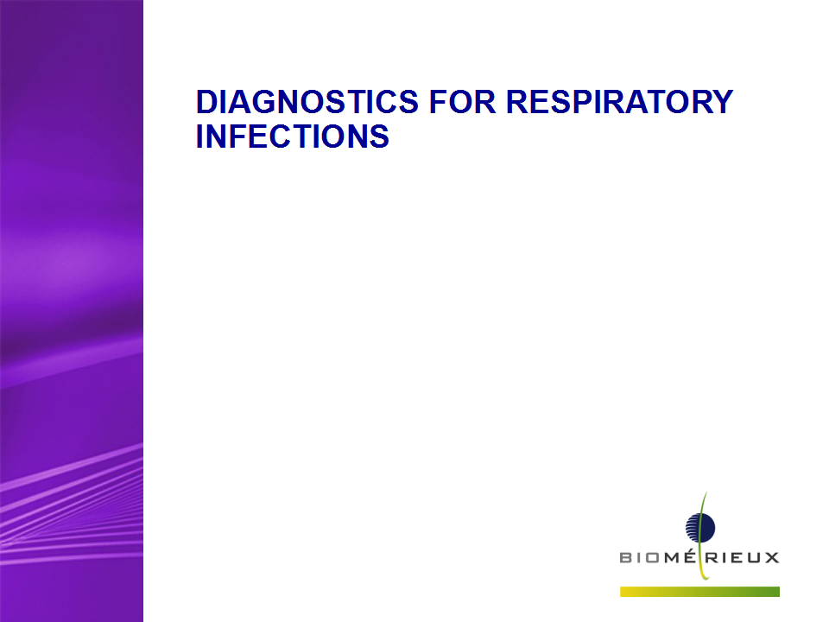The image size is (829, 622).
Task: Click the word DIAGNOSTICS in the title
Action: tap(307, 102)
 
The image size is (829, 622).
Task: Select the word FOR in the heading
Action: tap(463, 102)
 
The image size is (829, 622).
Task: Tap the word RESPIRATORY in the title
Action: tap(620, 102)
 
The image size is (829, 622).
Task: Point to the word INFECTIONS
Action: tap(293, 136)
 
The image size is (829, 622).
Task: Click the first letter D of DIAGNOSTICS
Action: tap(206, 102)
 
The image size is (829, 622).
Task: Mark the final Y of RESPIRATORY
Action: tap(722, 102)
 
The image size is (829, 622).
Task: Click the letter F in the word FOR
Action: tap(439, 102)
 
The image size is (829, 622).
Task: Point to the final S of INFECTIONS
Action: tap(378, 136)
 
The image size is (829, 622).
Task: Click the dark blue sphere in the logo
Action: tap(700, 527)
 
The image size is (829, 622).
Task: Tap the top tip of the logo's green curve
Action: tap(706, 492)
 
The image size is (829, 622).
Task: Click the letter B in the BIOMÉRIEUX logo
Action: tap(626, 557)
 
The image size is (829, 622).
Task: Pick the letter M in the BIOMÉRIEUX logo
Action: tap(672, 557)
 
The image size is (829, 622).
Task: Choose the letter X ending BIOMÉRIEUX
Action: tap(772, 557)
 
